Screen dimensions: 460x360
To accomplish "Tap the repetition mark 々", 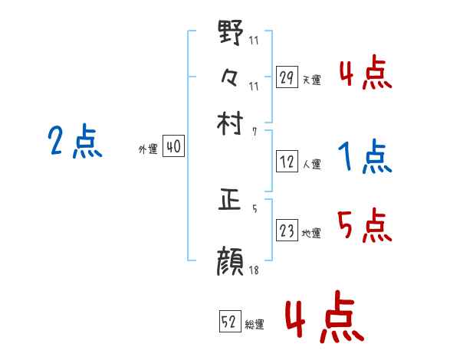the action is (x=231, y=77).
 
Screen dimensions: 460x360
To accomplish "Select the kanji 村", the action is (x=231, y=122).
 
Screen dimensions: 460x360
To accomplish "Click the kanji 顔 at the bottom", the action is (x=231, y=260).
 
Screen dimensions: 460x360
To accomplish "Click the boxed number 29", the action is (x=287, y=77).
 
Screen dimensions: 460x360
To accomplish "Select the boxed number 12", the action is (x=287, y=162).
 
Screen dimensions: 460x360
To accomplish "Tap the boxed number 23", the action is (x=287, y=231).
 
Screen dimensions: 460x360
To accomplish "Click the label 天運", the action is (x=311, y=80).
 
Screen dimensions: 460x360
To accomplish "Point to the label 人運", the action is (x=311, y=164).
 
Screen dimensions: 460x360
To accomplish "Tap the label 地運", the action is (x=311, y=233).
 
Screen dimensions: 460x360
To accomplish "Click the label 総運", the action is (x=255, y=325).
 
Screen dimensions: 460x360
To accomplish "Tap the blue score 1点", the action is (x=364, y=158).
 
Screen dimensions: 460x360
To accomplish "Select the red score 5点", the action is (x=364, y=225).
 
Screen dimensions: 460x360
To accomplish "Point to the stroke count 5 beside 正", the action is (x=255, y=208).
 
